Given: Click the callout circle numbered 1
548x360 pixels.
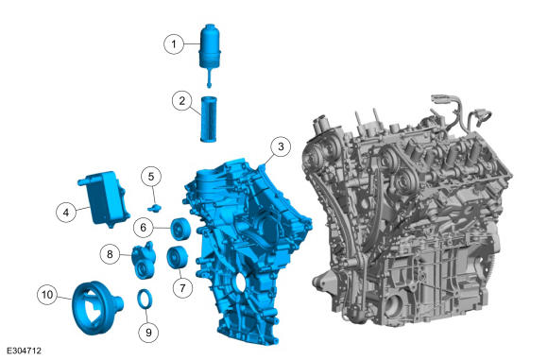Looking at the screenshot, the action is [174, 44].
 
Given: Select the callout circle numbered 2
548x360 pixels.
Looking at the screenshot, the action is [182, 101].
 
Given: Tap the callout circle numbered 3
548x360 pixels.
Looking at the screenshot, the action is [281, 146].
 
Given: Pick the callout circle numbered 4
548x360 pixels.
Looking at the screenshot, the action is [66, 212].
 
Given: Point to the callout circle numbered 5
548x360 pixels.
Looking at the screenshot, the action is [151, 177].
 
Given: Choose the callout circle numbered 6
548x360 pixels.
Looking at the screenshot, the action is [144, 228].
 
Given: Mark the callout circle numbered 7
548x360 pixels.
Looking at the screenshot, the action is [182, 288].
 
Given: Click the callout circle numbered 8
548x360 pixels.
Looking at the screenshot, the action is [110, 254].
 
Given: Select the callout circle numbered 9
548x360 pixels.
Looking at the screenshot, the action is [148, 332].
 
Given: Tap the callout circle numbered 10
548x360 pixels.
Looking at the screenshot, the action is [47, 294].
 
